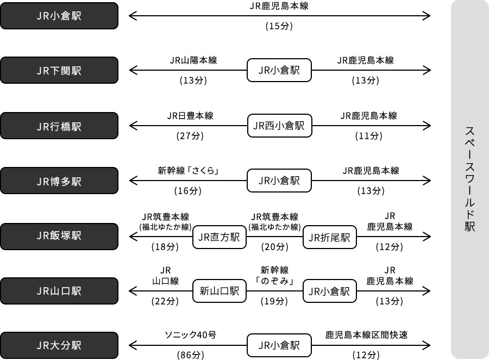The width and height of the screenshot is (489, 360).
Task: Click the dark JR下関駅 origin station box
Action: pyautogui.click(x=59, y=71)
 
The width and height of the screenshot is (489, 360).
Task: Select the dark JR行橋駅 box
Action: pyautogui.click(x=59, y=126)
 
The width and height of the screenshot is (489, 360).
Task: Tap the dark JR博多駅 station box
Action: pyautogui.click(x=59, y=181)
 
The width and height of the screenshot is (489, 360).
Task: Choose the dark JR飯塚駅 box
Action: pyautogui.click(x=59, y=236)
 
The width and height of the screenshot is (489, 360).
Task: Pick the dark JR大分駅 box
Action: pyautogui.click(x=59, y=345)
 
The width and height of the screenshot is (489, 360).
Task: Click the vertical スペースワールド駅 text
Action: pyautogui.click(x=469, y=179)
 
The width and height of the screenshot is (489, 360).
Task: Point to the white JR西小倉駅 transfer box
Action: pyautogui.click(x=279, y=126)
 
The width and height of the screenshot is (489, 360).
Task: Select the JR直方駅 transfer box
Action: pyautogui.click(x=220, y=237)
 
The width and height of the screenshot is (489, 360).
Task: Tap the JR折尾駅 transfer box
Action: pyautogui.click(x=329, y=237)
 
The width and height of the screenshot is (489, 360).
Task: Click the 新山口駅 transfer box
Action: pyautogui.click(x=220, y=291)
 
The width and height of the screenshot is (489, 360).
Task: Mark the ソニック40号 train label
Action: pyautogui.click(x=190, y=335)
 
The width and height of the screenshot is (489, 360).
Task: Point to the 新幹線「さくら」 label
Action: pyautogui.click(x=188, y=171)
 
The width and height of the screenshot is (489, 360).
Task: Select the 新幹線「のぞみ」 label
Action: pyautogui.click(x=274, y=276)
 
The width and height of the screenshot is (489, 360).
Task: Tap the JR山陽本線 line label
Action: pyautogui.click(x=193, y=60)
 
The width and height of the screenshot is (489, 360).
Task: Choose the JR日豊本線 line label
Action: pyautogui.click(x=190, y=116)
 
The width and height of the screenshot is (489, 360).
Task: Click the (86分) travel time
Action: pyautogui.click(x=190, y=355)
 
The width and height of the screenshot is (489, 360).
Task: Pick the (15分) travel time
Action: pyautogui.click(x=279, y=26)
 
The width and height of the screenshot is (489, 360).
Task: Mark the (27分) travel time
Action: pyautogui.click(x=190, y=136)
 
